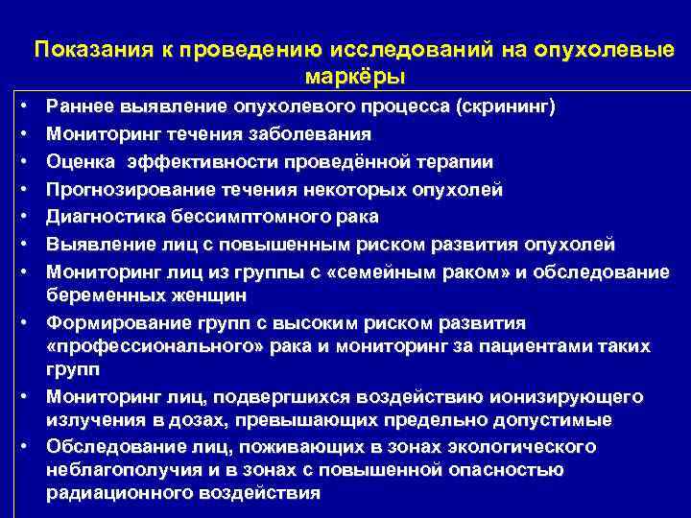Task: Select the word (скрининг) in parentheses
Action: click(506, 106)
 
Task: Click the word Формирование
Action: click(107, 322)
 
